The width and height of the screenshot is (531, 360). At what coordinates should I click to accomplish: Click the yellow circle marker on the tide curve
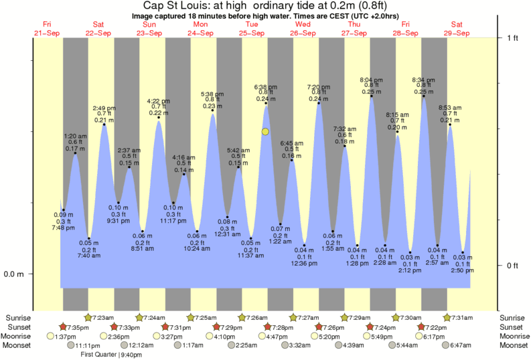point(266,132)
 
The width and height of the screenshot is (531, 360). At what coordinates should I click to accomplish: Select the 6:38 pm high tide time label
point(266,87)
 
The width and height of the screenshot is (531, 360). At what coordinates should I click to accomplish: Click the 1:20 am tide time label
point(75,136)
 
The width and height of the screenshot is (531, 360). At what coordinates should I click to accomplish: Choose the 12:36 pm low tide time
point(305,263)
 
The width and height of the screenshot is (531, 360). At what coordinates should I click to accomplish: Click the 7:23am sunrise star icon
point(88,317)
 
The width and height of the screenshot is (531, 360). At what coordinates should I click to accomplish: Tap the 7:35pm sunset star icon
point(64,327)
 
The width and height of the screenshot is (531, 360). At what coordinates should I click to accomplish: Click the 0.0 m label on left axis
point(14,274)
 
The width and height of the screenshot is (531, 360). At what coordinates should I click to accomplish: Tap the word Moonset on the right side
point(513,345)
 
